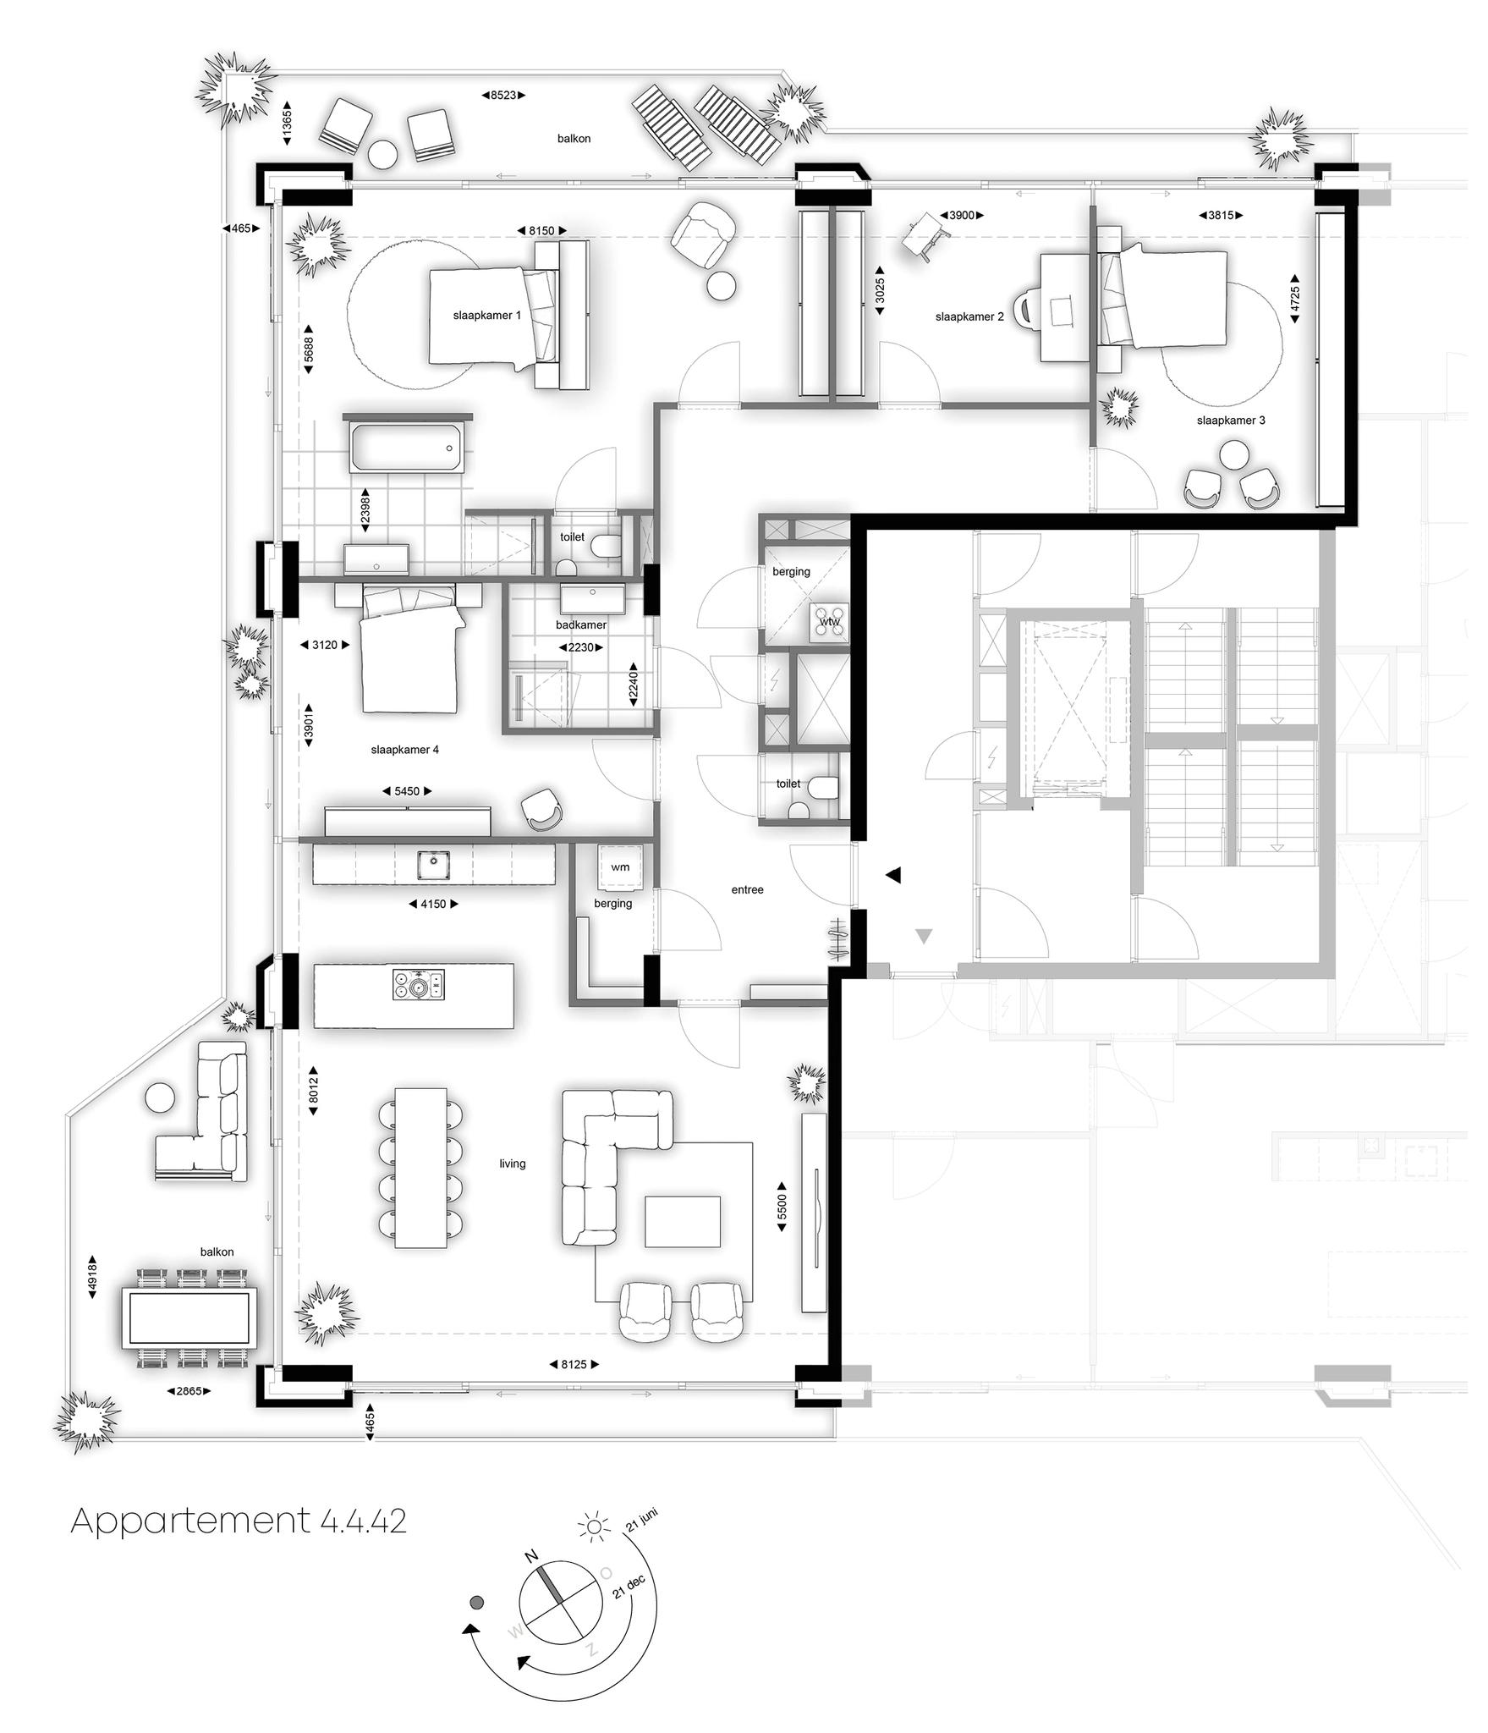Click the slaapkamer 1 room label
[486, 316]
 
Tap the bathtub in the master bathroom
[406, 448]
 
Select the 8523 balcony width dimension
[503, 96]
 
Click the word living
[512, 1164]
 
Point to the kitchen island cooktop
[419, 985]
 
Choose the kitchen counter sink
[433, 865]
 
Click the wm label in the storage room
[620, 867]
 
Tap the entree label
[747, 890]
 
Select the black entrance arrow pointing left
[893, 875]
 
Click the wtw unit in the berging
[828, 622]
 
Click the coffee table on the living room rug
[682, 1221]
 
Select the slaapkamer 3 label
[1231, 421]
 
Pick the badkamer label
[581, 625]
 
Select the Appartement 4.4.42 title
[239, 1521]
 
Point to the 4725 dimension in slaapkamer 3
[1295, 298]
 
